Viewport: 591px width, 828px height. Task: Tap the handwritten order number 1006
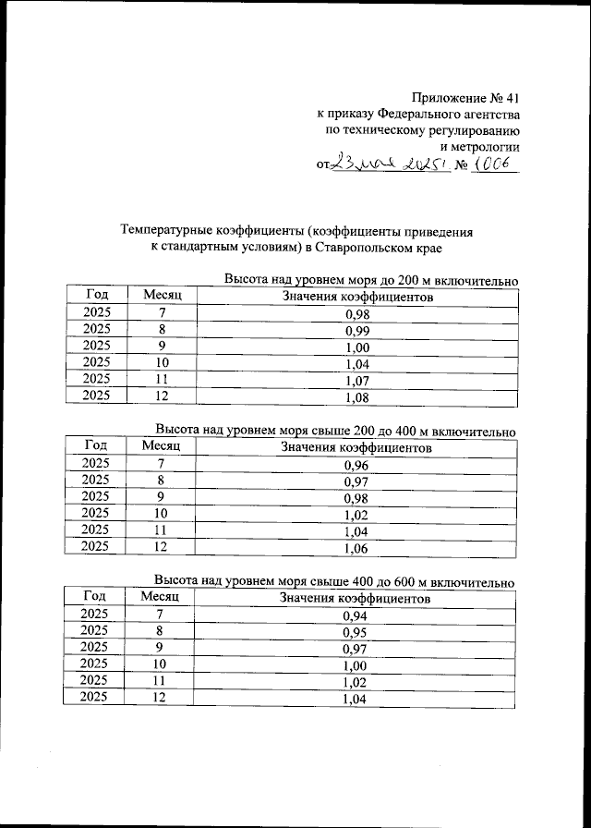tap(495, 164)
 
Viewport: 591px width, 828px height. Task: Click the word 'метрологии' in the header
tap(480, 146)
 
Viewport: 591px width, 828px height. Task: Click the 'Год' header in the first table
tap(97, 295)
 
